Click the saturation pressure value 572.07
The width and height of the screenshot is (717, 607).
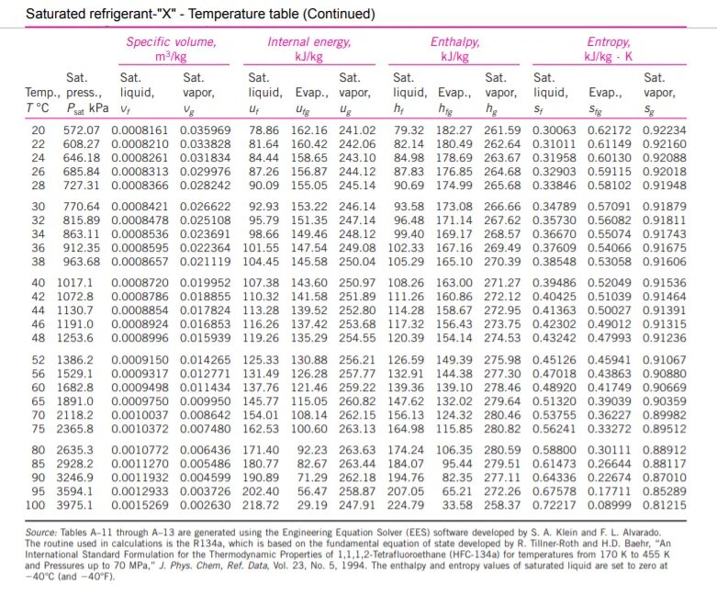click(x=82, y=130)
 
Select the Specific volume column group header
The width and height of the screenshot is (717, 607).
click(x=171, y=49)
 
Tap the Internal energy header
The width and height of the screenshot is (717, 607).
click(x=309, y=49)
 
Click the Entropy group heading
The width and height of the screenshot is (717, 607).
click(x=609, y=49)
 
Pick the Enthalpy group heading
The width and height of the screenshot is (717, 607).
click(x=455, y=49)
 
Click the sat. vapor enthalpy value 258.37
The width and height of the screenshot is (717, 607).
click(x=502, y=505)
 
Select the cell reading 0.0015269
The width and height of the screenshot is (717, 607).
click(x=140, y=505)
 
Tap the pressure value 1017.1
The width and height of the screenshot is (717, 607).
click(x=74, y=283)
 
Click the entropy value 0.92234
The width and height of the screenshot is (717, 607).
click(x=665, y=130)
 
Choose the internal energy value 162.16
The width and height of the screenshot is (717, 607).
click(x=309, y=130)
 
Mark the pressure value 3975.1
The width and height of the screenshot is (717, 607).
click(x=74, y=505)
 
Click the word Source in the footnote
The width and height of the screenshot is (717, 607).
click(x=40, y=533)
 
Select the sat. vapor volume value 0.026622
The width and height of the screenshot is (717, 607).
click(x=206, y=207)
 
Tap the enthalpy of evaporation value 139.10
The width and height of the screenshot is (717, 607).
click(x=454, y=388)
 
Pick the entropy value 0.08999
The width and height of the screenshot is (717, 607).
click(x=609, y=505)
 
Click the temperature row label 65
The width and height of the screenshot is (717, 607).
click(x=39, y=401)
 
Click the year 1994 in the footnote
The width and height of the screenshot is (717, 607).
click(x=353, y=566)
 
